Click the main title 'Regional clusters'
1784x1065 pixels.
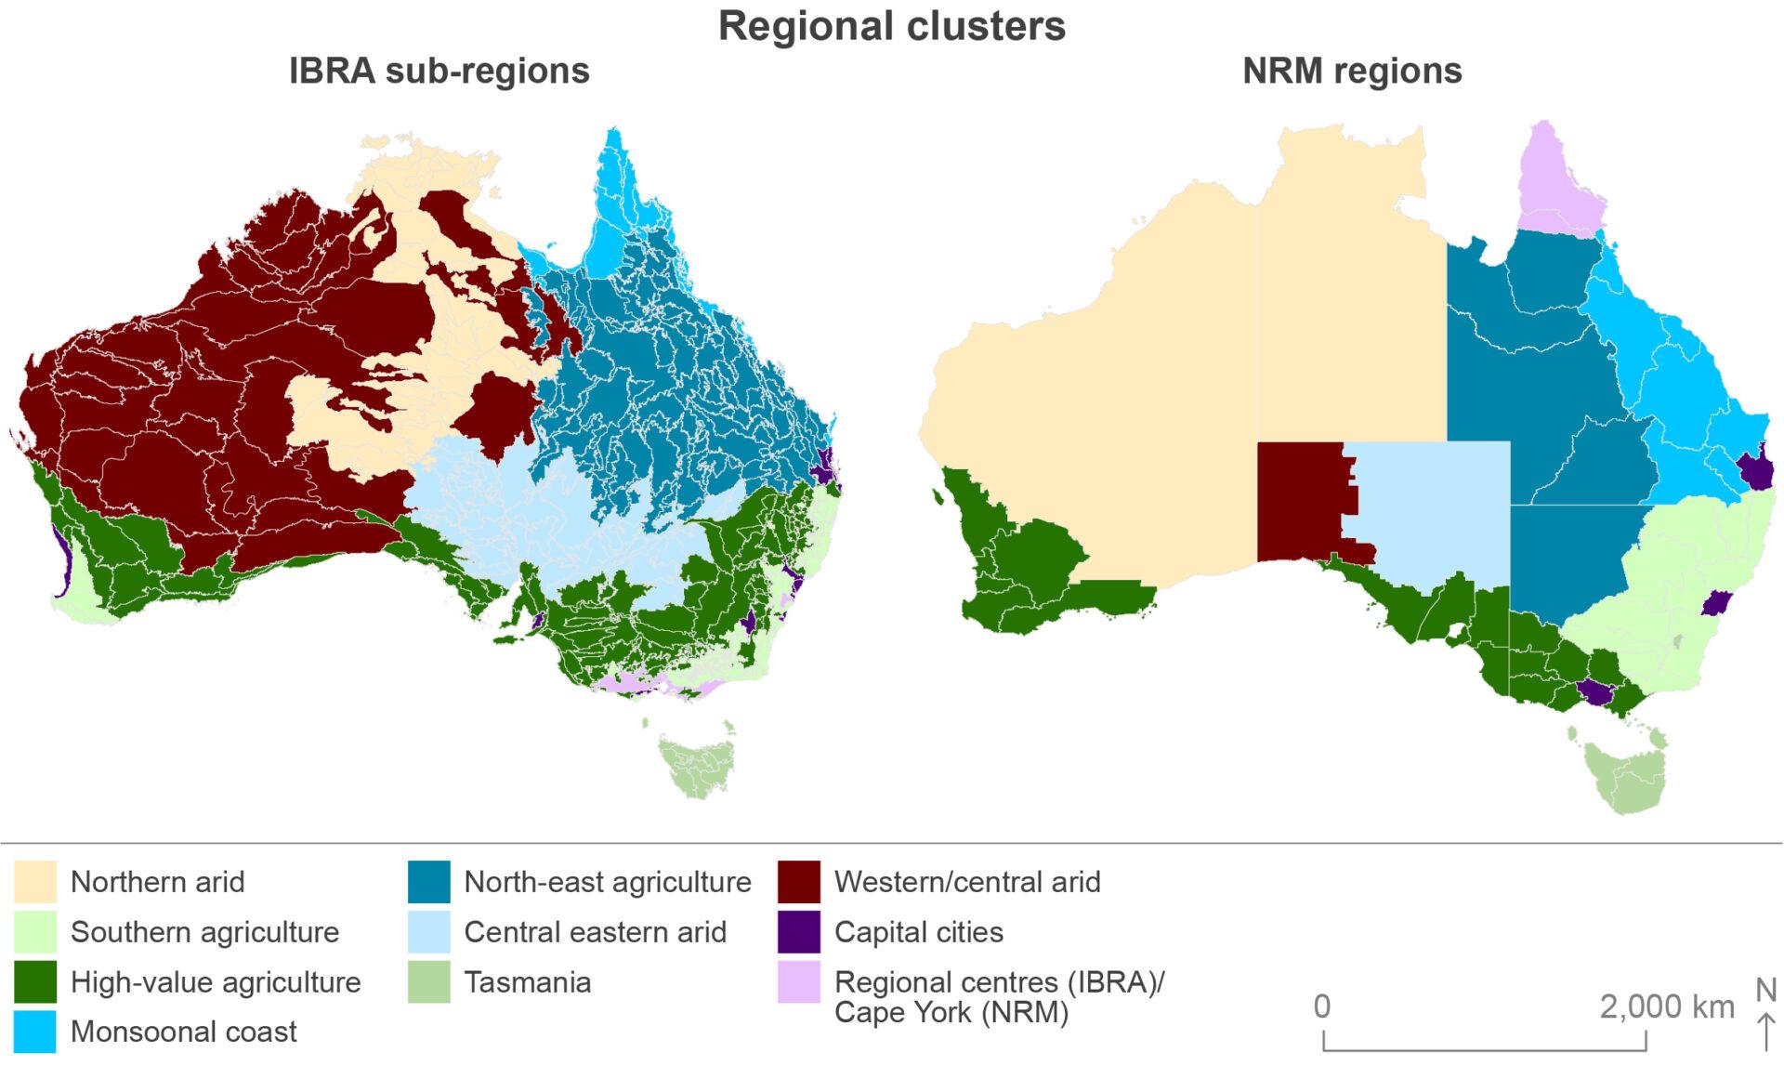click(x=891, y=26)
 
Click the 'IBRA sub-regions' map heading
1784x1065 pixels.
click(x=439, y=72)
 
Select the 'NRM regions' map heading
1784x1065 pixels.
click(x=1352, y=72)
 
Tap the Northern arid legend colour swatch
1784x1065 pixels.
click(x=35, y=882)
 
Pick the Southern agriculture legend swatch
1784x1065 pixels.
click(x=35, y=932)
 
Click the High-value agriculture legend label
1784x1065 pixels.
click(x=216, y=982)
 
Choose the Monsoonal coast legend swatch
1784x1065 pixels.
click(x=35, y=1032)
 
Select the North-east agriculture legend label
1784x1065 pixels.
click(x=607, y=882)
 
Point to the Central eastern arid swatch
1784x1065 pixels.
click(x=428, y=932)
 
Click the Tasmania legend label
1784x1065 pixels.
click(x=527, y=982)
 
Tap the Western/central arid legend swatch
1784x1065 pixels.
click(x=799, y=882)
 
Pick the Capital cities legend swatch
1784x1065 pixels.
click(x=799, y=932)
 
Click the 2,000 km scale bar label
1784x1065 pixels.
click(x=1667, y=1006)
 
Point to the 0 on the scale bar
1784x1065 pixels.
click(x=1322, y=1006)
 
